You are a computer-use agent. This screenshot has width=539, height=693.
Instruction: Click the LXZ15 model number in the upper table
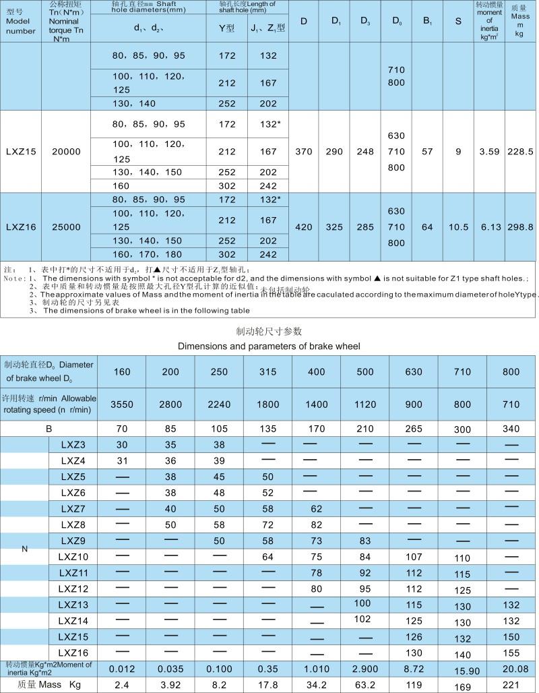pos(21,152)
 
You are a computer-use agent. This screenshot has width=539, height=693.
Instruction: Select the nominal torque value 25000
pos(66,227)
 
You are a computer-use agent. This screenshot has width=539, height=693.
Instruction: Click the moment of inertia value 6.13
pos(490,227)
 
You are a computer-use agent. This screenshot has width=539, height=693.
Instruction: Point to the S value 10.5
pos(458,227)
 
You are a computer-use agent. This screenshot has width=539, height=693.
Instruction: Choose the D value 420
pos(304,227)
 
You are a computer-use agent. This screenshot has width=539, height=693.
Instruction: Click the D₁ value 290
pos(335,152)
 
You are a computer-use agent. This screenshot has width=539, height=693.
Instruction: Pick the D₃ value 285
pos(365,227)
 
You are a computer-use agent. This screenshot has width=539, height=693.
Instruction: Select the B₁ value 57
pos(427,152)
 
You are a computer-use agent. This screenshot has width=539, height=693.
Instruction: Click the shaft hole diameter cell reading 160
pos(121,185)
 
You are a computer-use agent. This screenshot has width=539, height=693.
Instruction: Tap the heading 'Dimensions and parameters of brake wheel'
pos(269,346)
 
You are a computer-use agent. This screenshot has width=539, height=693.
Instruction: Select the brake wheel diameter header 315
pos(267,371)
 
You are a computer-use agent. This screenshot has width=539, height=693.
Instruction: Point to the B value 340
pos(511,429)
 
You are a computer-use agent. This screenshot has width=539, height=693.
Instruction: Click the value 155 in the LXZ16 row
pos(511,653)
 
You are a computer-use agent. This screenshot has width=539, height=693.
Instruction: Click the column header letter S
pos(458,21)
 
